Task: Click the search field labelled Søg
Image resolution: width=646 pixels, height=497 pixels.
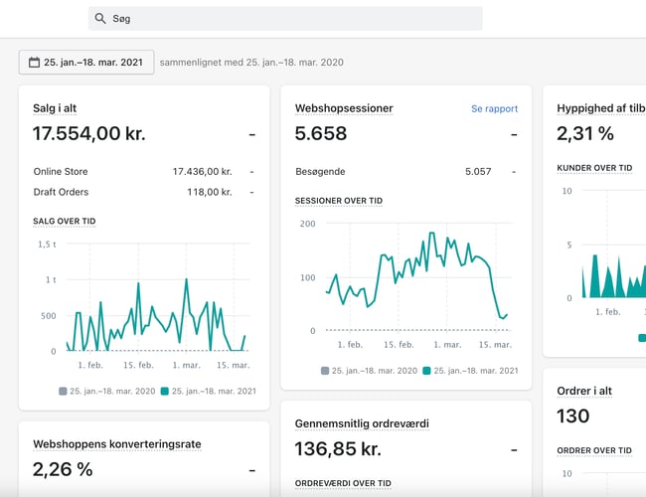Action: (288, 19)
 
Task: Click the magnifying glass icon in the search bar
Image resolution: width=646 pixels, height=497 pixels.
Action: (99, 19)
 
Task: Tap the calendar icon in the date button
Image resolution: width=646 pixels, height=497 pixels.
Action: (34, 62)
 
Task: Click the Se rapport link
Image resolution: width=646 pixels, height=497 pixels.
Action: (494, 108)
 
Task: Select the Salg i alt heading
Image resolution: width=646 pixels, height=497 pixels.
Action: (64, 108)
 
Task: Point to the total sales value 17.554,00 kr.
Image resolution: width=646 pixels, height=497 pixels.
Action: (89, 134)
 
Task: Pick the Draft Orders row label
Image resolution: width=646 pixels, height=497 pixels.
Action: (61, 192)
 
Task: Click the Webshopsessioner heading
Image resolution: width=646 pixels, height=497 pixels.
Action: (344, 108)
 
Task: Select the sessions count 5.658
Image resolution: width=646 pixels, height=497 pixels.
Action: (321, 134)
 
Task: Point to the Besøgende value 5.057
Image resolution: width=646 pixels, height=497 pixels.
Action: (478, 171)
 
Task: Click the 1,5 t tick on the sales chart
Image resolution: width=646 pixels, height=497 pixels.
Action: (47, 244)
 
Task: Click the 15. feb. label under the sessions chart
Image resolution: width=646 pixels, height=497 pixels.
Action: (398, 345)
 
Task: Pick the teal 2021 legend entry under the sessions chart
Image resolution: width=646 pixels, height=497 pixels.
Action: (470, 371)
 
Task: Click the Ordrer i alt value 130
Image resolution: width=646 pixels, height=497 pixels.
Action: (573, 415)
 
